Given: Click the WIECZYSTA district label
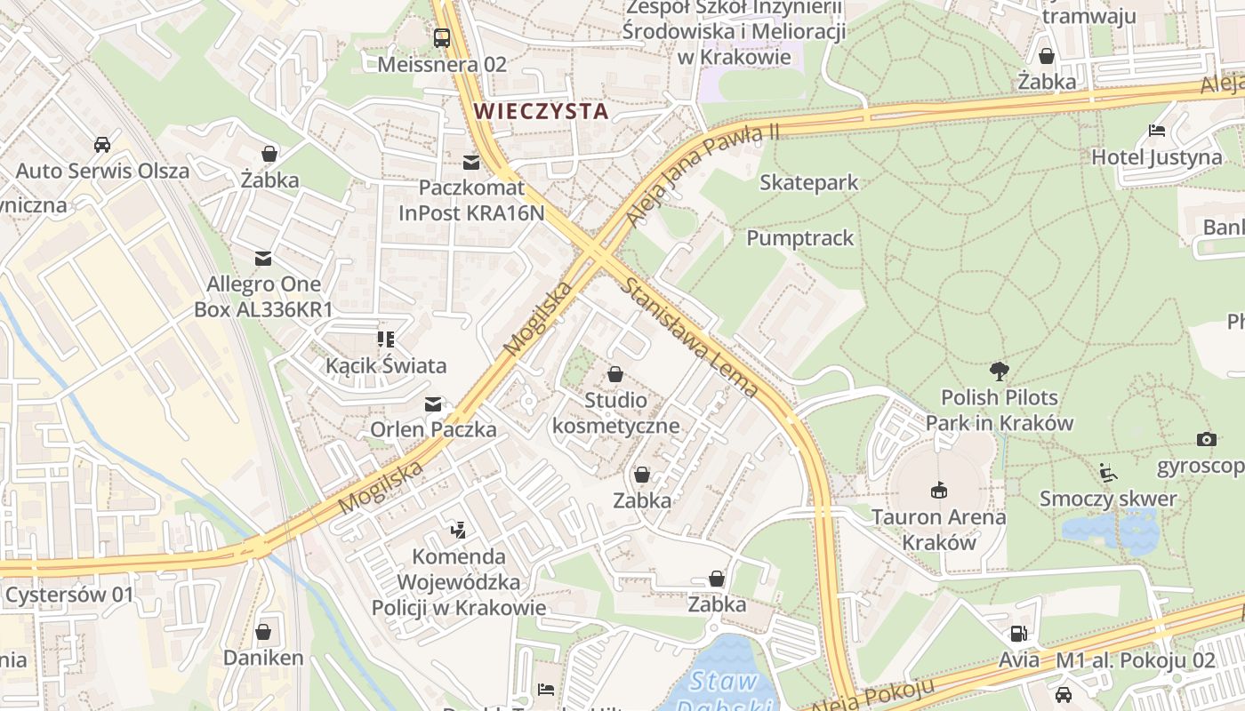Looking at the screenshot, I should coord(541,111).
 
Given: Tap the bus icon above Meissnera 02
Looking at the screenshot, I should coord(441,38).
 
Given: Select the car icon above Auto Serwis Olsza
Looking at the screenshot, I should coord(101,144).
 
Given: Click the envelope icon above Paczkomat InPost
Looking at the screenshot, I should coord(470,163).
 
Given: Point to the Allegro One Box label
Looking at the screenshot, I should coord(263,297).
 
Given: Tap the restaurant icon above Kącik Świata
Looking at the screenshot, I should coord(385,339).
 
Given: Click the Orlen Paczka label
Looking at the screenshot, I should coord(433,429).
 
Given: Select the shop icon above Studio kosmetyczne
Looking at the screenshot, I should coord(614,374).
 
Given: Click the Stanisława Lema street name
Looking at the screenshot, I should coord(690,338).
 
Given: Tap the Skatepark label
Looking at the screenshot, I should coord(808,182).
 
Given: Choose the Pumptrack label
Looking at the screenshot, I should coord(799,238).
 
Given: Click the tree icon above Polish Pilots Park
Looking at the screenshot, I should coord(999,371).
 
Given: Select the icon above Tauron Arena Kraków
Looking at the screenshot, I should coord(938,490).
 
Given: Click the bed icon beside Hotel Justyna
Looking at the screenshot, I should coord(1156,131).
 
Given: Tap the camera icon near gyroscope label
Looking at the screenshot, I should coord(1206,439).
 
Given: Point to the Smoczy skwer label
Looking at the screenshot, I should coord(1108,499).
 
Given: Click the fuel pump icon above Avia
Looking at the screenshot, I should coord(1017,634).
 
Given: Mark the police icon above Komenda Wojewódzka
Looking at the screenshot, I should coord(458,531).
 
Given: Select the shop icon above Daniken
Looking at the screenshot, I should coord(263,632).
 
